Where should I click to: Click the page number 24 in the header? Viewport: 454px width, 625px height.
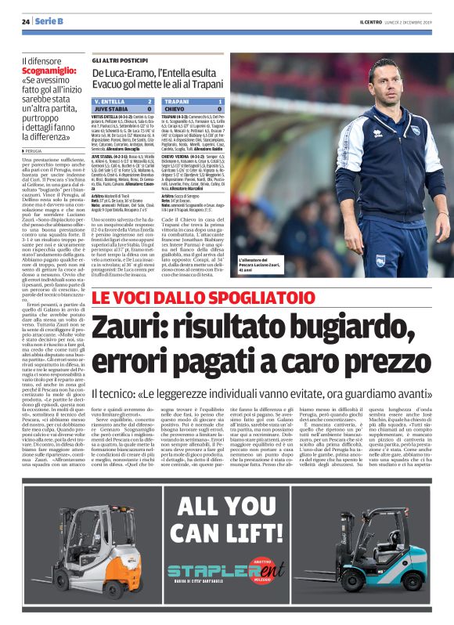coord(27,21)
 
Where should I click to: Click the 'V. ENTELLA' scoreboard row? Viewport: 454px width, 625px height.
coord(124,102)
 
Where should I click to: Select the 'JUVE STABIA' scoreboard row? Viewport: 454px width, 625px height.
coord(124,110)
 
